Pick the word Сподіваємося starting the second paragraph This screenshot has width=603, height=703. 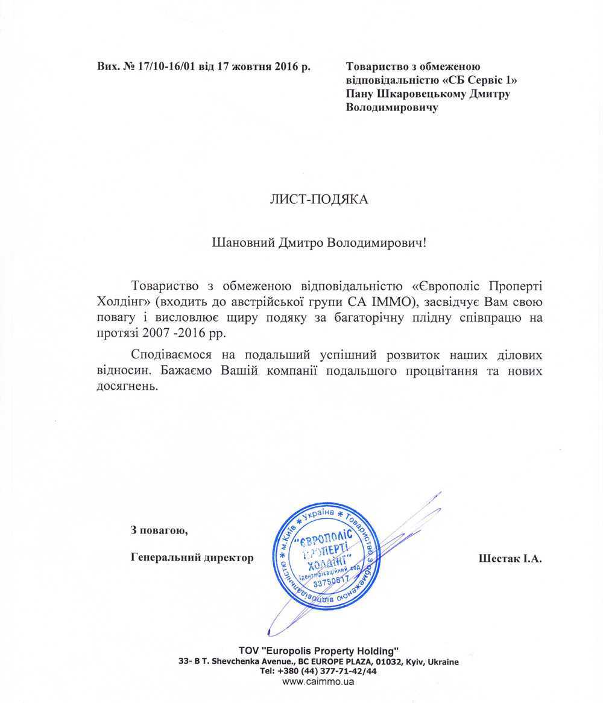(167, 354)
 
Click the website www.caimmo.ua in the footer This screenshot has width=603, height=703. (318, 682)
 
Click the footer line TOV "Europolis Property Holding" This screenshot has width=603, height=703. (319, 651)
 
